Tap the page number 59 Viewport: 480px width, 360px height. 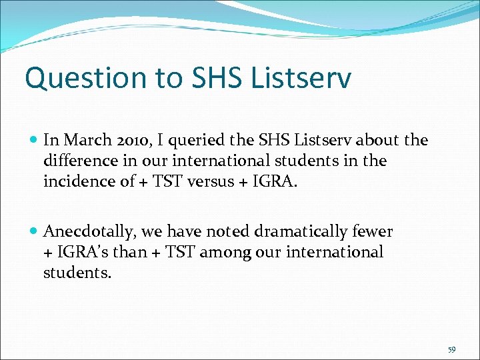click(x=452, y=349)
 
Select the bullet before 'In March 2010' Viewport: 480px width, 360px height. click(x=34, y=141)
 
